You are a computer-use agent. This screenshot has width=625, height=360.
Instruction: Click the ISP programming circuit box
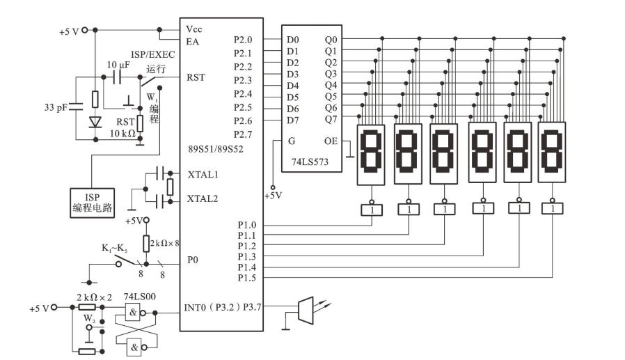[92, 203]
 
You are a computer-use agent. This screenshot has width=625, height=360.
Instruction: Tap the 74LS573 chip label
[310, 162]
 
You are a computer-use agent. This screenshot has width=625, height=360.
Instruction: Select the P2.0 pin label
[243, 40]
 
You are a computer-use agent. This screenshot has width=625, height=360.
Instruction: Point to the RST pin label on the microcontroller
[196, 77]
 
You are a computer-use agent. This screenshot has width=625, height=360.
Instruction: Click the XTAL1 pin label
[203, 175]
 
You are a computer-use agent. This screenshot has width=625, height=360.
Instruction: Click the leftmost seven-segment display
[371, 155]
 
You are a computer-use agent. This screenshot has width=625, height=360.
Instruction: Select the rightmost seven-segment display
[552, 152]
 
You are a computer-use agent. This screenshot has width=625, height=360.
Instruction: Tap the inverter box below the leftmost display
[372, 210]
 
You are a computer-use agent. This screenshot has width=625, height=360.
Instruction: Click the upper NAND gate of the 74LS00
[133, 313]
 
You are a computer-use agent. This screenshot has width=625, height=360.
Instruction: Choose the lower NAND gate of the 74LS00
[134, 347]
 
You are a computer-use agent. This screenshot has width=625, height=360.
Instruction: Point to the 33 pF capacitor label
[56, 107]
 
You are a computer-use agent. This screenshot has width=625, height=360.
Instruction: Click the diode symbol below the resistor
[95, 122]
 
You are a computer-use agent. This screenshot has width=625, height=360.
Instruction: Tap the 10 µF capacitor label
[118, 65]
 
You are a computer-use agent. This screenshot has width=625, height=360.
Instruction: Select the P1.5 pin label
[247, 278]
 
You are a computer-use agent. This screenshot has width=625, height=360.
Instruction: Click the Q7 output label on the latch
[331, 119]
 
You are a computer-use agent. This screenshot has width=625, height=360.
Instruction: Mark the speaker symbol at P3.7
[306, 310]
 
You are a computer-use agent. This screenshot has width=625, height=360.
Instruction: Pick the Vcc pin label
[193, 29]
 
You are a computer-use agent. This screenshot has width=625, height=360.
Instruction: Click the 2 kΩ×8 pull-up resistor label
[165, 243]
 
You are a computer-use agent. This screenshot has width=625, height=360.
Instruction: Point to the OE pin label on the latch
[331, 141]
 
